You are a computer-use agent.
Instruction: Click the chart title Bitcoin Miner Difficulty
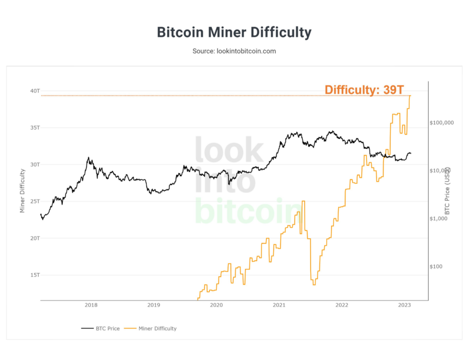click(x=234, y=32)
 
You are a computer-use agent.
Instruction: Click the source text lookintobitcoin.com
click(x=234, y=51)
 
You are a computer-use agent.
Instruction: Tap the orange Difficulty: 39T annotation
click(x=364, y=90)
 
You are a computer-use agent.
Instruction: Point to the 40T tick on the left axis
click(x=35, y=90)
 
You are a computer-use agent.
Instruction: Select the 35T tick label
click(x=35, y=127)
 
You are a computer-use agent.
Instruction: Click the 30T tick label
click(x=35, y=164)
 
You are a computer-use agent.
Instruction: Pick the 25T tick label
click(x=35, y=201)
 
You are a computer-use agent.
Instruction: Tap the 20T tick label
click(x=35, y=238)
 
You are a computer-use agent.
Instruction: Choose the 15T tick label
click(x=35, y=275)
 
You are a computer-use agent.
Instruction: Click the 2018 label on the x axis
click(x=91, y=305)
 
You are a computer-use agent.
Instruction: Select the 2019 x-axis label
click(x=154, y=305)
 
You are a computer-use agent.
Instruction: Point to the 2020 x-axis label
click(x=217, y=305)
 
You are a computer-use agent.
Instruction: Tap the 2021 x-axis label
click(x=279, y=305)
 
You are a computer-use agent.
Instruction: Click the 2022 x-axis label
click(x=342, y=305)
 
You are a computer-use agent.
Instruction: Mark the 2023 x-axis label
click(x=404, y=305)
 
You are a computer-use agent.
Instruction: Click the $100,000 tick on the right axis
click(x=441, y=122)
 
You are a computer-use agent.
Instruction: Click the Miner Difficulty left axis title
click(x=23, y=190)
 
